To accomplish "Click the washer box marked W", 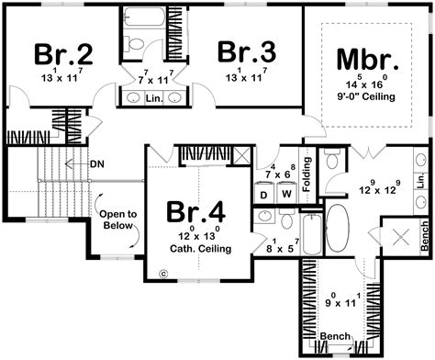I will pyautogui.click(x=285, y=195).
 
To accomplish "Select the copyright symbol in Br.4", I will pyautogui.click(x=162, y=272).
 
